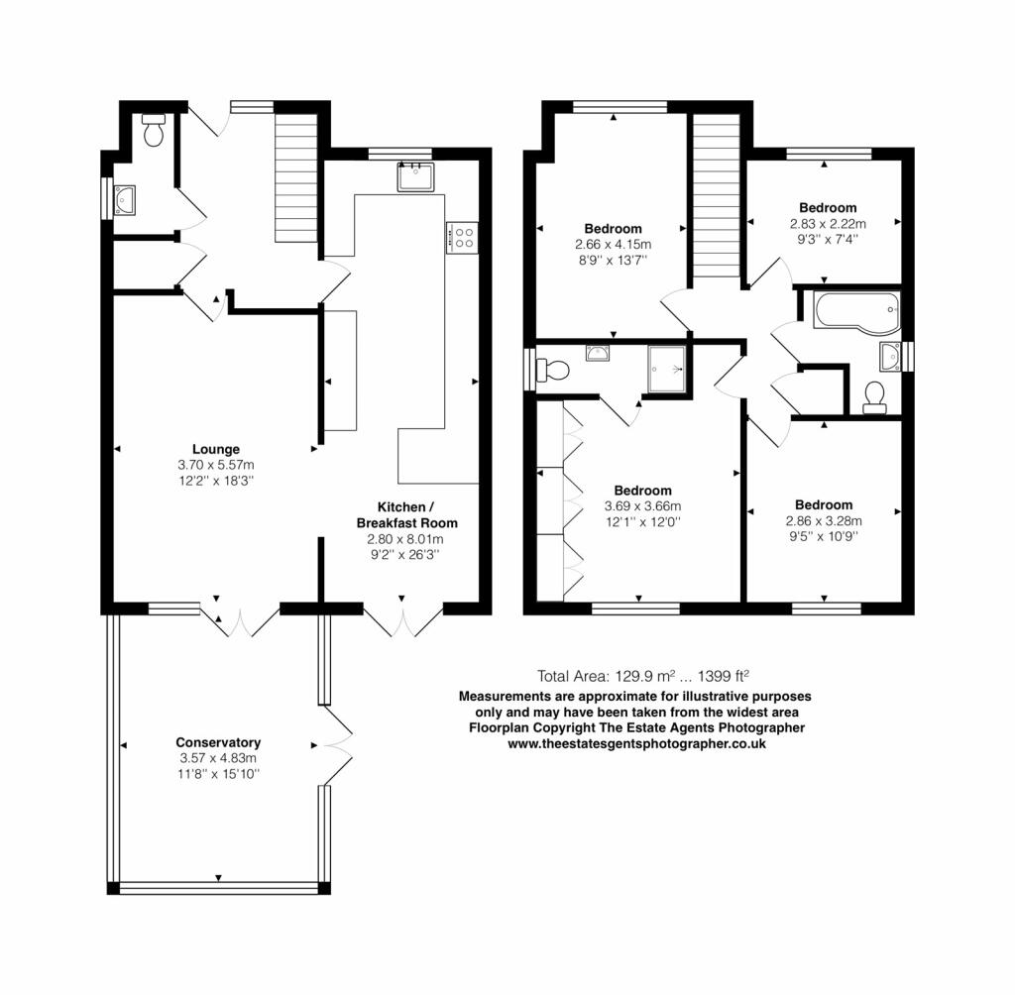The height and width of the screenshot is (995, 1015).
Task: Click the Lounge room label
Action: click(215, 449)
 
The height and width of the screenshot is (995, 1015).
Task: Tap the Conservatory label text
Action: click(218, 742)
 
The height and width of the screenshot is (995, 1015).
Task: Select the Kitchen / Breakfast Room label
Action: click(406, 514)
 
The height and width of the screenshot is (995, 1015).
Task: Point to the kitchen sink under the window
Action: click(415, 176)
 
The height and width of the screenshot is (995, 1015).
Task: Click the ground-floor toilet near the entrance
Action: click(154, 130)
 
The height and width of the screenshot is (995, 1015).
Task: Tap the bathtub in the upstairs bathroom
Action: click(857, 313)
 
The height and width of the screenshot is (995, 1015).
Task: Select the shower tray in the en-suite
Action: click(666, 369)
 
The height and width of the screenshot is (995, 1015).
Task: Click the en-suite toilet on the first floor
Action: click(552, 371)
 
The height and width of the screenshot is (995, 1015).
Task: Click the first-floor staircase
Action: click(716, 195)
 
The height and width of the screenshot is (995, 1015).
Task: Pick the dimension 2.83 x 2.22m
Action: click(828, 224)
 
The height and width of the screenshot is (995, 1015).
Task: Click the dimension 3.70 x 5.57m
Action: click(215, 465)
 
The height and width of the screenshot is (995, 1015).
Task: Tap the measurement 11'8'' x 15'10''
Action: click(219, 774)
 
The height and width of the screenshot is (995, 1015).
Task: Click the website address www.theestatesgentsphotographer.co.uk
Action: click(636, 744)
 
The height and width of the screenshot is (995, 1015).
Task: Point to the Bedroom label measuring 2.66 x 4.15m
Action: click(613, 229)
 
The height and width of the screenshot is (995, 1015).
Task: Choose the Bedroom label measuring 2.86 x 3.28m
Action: click(824, 505)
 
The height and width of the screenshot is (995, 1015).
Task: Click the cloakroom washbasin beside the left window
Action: click(126, 200)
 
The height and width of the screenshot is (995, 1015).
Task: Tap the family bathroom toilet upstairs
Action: click(874, 397)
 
